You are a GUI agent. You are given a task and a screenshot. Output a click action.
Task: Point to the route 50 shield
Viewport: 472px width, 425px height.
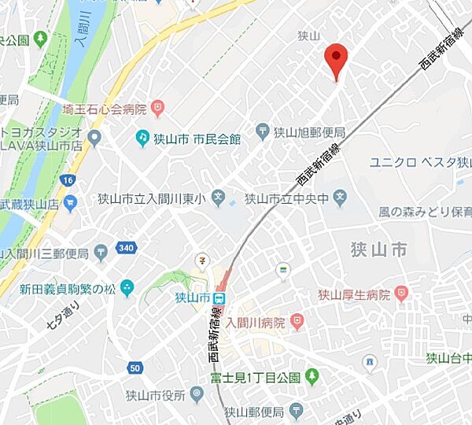tap(136, 368)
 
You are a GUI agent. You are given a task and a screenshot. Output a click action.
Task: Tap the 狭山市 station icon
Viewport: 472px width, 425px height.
tap(220, 298)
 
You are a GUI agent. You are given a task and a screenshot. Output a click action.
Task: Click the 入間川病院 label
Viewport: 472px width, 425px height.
tap(255, 323)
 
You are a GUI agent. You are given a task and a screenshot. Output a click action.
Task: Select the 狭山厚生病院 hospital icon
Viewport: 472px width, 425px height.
tap(403, 295)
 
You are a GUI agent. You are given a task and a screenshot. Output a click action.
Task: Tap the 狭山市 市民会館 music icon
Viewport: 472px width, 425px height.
tap(142, 139)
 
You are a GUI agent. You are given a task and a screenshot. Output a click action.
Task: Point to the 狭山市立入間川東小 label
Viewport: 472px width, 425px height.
tap(150, 199)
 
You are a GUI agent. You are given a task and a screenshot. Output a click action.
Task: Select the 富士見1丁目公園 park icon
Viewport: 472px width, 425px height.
tap(312, 377)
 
